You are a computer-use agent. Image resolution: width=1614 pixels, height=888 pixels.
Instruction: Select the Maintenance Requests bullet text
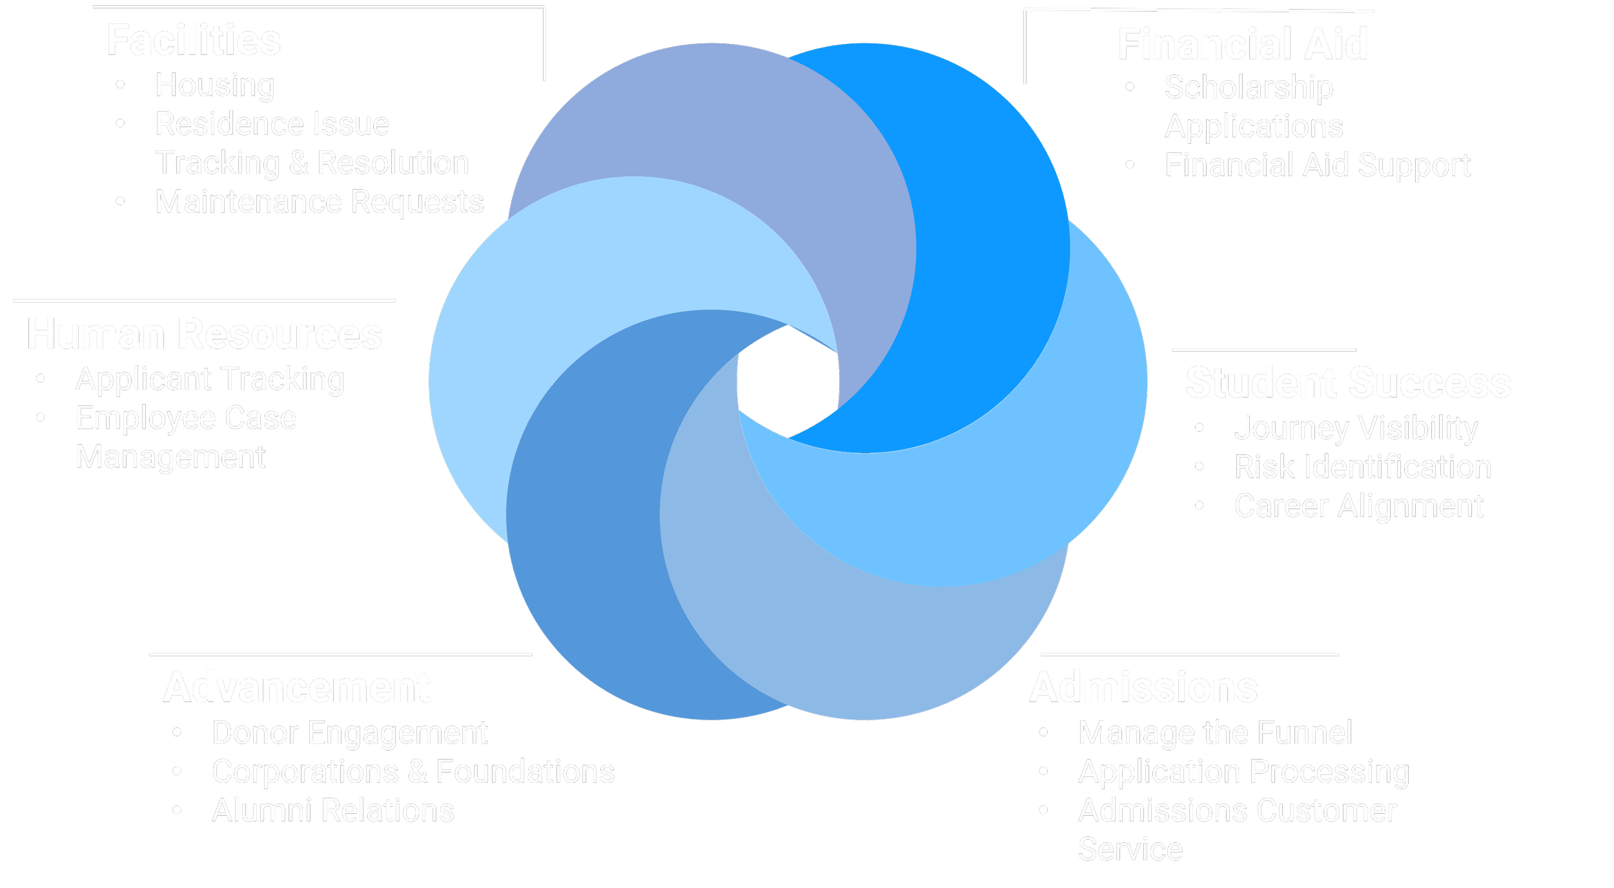point(320,202)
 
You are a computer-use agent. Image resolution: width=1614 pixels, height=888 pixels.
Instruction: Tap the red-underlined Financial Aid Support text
point(1317,165)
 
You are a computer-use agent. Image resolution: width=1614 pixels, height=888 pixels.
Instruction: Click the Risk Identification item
point(1362,467)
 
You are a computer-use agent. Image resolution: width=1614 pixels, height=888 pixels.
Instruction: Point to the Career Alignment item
point(1359,506)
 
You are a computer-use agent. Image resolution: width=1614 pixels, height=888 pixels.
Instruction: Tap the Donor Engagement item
point(350,733)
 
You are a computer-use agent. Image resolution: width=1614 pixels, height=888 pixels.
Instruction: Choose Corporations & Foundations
point(413,772)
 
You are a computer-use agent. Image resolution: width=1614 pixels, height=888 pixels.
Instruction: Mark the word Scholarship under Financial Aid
point(1249,87)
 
